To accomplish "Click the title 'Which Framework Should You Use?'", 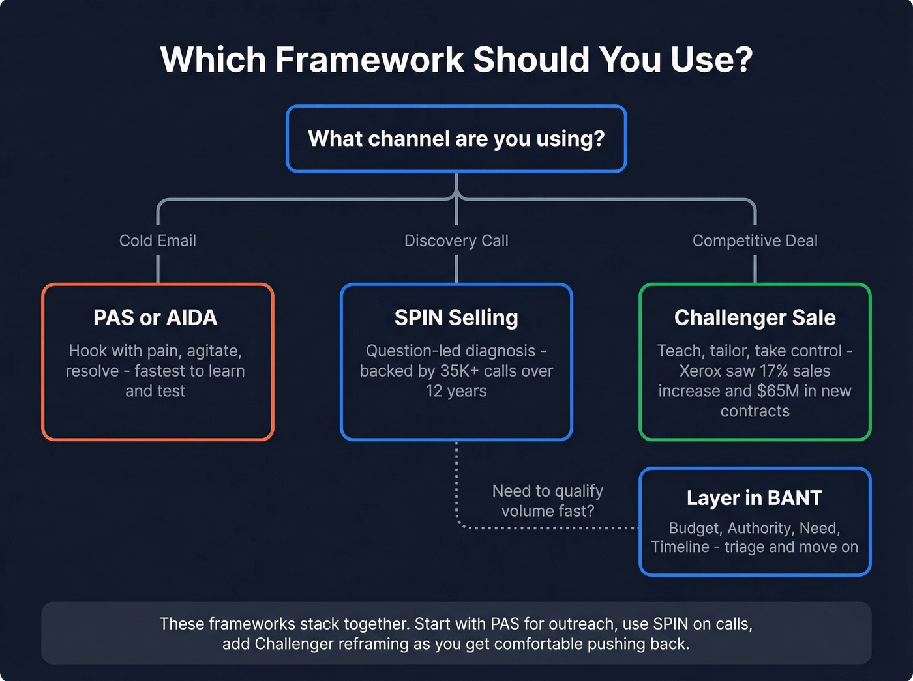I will coord(456,60).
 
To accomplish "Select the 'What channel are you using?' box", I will coord(456,139).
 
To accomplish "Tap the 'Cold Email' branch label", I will coord(158,240).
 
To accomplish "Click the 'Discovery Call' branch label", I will coord(456,240).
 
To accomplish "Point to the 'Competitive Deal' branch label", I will coord(755,240).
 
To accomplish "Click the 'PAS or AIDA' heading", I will coord(155,317).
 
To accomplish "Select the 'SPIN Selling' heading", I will coord(456,317).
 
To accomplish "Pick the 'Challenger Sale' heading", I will coord(755,317).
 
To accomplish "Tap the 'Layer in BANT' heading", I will coord(755,498).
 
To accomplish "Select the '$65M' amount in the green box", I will coord(779,391).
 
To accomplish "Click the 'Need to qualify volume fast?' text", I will coord(547,500).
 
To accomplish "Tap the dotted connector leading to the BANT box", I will coord(548,528).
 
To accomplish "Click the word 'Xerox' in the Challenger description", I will coord(700,371).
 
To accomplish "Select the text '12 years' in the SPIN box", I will coord(456,391).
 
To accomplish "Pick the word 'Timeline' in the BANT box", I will coord(680,547).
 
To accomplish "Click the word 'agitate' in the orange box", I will coord(214,351).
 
